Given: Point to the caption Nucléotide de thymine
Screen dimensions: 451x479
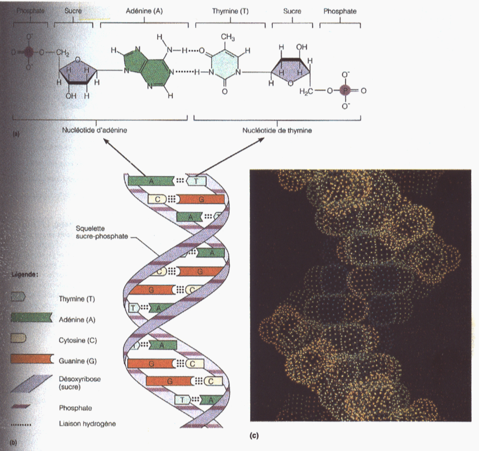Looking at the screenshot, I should click(277, 130).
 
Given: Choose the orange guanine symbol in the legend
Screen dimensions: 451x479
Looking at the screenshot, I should click(31, 360).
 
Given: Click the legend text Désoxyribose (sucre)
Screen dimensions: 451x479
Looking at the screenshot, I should click(79, 383).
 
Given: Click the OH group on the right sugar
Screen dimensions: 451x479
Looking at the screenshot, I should click(302, 46).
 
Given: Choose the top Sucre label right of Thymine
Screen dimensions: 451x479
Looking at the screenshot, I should click(292, 12).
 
